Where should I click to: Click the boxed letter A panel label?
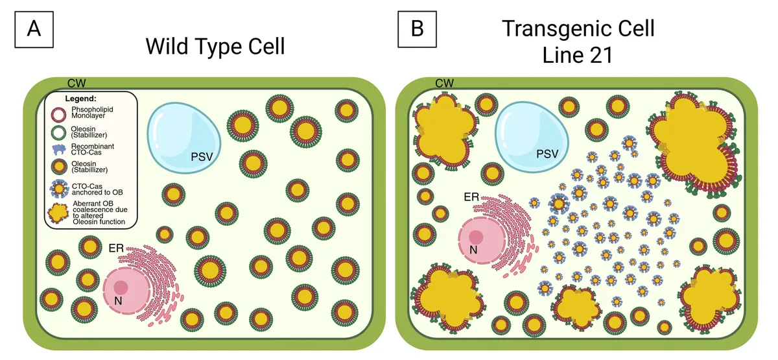tap(34, 29)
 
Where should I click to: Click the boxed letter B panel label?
tap(417, 29)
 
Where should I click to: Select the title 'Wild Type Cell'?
tap(215, 46)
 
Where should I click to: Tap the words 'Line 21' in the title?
tap(578, 55)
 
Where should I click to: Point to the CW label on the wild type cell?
tap(77, 83)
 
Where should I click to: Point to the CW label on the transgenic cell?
tap(444, 83)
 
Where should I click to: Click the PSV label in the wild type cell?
tap(202, 157)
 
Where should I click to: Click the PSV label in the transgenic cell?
tap(547, 154)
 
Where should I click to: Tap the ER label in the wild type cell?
tap(116, 248)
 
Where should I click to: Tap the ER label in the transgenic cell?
tap(471, 197)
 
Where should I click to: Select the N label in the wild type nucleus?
tap(118, 301)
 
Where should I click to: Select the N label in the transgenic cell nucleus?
tap(473, 250)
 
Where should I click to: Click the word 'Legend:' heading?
tap(80, 99)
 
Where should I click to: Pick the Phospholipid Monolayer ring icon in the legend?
tap(59, 114)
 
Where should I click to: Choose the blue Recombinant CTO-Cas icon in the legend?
tap(59, 149)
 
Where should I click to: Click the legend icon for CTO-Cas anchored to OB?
tap(60, 189)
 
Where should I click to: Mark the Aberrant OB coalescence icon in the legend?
tap(58, 213)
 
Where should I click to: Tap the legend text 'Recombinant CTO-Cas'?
tap(92, 149)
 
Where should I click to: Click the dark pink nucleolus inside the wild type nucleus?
tap(121, 287)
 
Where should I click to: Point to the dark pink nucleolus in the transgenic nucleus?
tap(476, 237)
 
